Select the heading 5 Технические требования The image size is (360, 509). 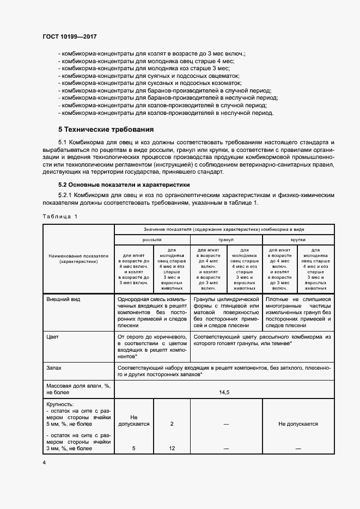[x=106, y=130]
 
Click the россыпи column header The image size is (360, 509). [x=152, y=240]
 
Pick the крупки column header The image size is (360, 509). [x=297, y=240]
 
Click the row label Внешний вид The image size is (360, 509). [x=63, y=299]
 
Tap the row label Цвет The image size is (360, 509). [x=53, y=337]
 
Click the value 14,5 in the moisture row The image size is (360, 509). [x=223, y=391]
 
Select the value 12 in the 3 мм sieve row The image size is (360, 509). [x=172, y=448]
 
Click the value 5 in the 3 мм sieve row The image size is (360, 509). [x=134, y=448]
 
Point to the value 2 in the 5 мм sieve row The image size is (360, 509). [x=172, y=423]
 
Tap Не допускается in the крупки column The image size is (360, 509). [x=298, y=423]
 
